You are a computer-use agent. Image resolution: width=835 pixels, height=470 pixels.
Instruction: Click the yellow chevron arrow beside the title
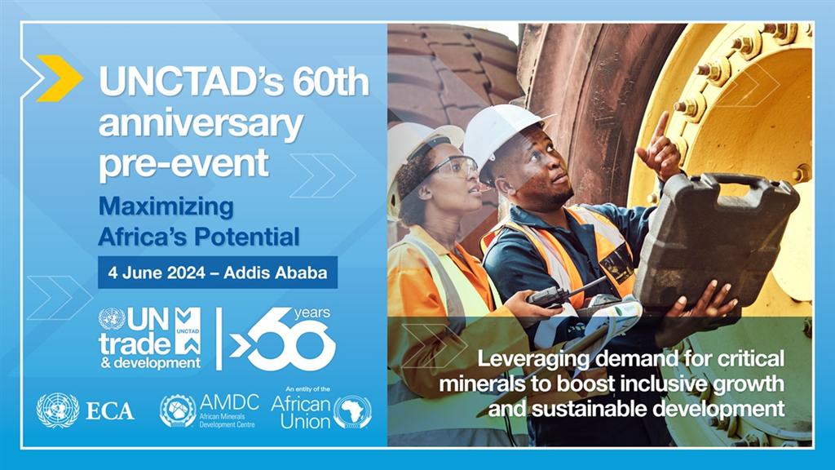click(x=60, y=78)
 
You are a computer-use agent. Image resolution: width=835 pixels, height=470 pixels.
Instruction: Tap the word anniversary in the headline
click(x=201, y=124)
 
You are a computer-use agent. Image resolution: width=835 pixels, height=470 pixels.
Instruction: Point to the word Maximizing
click(x=166, y=207)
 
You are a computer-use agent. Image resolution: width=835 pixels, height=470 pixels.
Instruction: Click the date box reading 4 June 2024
click(x=217, y=273)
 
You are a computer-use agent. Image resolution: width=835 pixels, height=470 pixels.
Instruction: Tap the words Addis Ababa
click(x=276, y=273)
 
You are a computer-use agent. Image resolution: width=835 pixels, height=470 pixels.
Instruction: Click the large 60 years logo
click(x=283, y=339)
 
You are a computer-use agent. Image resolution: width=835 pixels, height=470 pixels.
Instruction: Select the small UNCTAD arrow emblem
click(x=188, y=331)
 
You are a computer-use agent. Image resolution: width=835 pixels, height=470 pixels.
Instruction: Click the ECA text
click(x=110, y=411)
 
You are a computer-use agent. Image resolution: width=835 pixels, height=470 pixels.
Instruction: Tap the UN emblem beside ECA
click(x=58, y=410)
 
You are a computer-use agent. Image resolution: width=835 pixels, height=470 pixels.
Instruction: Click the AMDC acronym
click(x=229, y=402)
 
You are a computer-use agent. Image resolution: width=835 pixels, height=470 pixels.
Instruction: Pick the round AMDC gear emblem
click(x=178, y=411)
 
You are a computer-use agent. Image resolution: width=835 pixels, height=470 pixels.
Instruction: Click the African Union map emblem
click(x=352, y=412)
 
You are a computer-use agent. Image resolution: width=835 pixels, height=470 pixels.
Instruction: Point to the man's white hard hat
click(x=502, y=135)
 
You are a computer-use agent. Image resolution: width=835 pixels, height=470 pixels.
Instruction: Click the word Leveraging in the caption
click(x=532, y=359)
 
